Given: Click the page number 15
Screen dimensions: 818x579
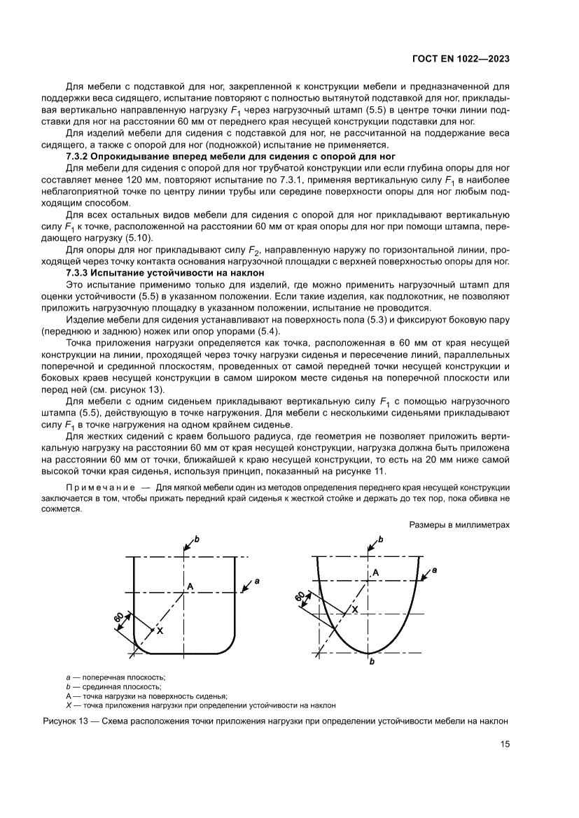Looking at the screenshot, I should pyautogui.click(x=504, y=744).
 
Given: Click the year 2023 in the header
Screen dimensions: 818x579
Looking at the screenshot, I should pyautogui.click(x=495, y=59).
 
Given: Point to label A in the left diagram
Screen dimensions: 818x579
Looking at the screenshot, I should pyautogui.click(x=189, y=585).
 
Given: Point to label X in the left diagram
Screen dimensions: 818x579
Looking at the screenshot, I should pyautogui.click(x=160, y=630).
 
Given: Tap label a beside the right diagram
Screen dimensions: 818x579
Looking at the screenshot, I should pyautogui.click(x=435, y=570).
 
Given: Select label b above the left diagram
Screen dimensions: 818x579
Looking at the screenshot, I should pyautogui.click(x=197, y=540).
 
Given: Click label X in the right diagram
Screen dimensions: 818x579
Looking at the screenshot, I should pyautogui.click(x=354, y=609).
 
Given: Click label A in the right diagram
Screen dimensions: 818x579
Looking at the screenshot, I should pyautogui.click(x=375, y=572).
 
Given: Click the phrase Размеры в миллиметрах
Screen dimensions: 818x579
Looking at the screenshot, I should pyautogui.click(x=459, y=523).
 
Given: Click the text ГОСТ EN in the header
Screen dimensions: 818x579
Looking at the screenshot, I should pyautogui.click(x=431, y=59).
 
